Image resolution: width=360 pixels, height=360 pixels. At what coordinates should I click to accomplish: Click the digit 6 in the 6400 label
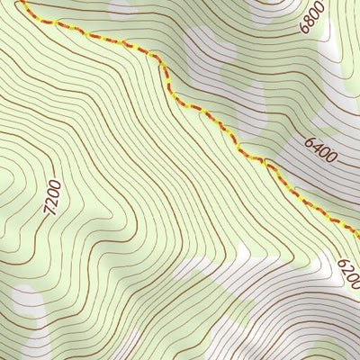(309, 141)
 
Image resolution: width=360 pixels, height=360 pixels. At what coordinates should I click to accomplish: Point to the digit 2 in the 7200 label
(51, 203)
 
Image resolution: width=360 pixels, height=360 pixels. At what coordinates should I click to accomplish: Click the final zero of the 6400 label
(332, 159)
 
